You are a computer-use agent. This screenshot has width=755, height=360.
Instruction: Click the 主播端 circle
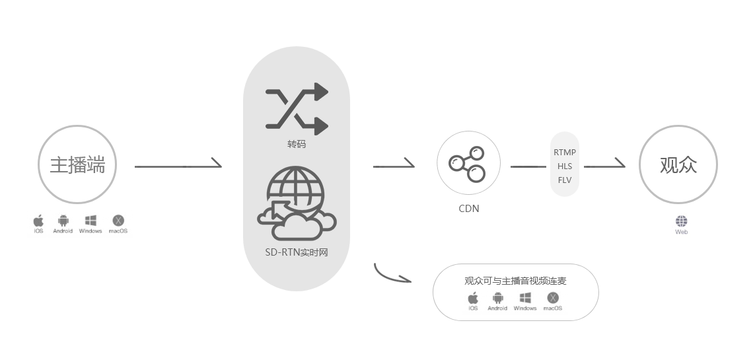click(77, 164)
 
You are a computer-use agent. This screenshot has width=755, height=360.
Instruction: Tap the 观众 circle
click(678, 164)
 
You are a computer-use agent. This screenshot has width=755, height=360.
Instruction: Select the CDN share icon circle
click(468, 163)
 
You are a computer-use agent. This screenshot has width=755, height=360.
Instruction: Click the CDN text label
click(469, 209)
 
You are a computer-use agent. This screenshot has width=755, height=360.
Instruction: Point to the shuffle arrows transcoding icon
click(297, 109)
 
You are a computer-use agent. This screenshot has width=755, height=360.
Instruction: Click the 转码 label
click(297, 143)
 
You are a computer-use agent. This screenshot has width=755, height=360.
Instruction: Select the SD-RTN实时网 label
click(296, 252)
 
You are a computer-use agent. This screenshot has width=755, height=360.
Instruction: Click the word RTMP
click(565, 153)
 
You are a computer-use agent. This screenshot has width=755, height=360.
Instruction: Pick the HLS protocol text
click(565, 166)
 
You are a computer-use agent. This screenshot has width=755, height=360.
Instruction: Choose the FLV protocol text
click(565, 180)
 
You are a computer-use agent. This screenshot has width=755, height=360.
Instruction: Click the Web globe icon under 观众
click(681, 221)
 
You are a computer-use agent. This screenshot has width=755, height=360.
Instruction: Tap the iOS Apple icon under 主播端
click(38, 221)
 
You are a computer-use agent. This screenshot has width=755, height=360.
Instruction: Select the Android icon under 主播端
click(63, 221)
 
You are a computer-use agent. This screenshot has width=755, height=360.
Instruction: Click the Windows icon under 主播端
click(90, 221)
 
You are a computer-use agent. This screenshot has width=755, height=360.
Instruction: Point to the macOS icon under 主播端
click(118, 221)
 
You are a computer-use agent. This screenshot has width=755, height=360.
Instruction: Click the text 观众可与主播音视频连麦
click(515, 281)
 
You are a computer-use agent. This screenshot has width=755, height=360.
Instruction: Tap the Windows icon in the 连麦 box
click(525, 298)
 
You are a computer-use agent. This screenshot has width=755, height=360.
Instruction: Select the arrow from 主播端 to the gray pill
click(178, 165)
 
